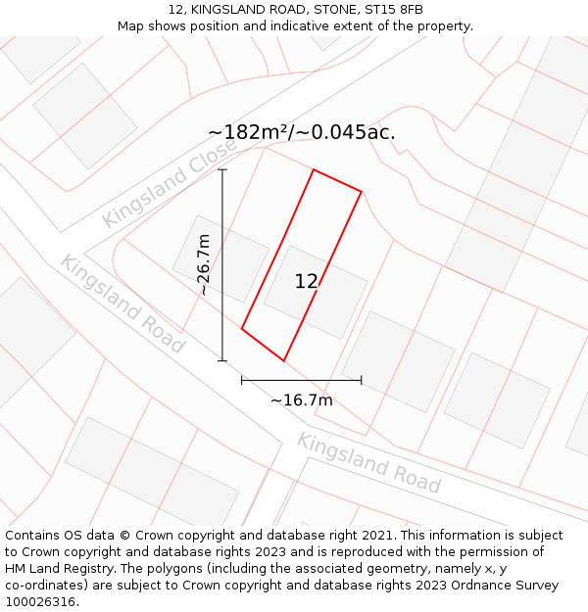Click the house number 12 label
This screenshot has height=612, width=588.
pos(306,282)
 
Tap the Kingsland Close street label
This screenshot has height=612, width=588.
pos(169,183)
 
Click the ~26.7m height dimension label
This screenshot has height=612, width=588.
pos(203,264)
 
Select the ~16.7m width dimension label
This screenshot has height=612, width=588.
pos(301,400)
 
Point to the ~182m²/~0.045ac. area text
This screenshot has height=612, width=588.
pos(302,132)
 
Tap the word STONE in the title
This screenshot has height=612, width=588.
pos(331,10)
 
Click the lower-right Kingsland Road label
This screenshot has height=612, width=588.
pos(368,462)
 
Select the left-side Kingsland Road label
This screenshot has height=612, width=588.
pos(122,304)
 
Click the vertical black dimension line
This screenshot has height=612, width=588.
pos(222,264)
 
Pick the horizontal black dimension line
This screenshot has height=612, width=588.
pos(301,380)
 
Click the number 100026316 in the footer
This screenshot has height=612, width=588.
pos(40,602)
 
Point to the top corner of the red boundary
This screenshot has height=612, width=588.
pos(314,169)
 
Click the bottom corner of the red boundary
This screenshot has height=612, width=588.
pos(283,360)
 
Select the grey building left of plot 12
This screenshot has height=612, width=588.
pos(220,259)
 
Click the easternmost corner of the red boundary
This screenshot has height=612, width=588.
pos(362,191)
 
